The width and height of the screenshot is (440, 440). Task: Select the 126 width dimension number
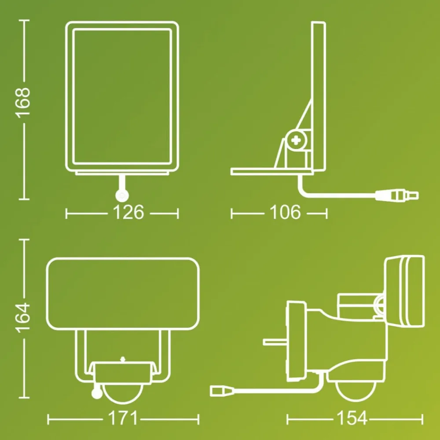128,213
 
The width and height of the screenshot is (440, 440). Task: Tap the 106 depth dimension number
285,213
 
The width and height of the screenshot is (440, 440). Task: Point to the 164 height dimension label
23,317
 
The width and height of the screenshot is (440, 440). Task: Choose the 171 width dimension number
123,418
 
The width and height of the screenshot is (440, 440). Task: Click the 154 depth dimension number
352,418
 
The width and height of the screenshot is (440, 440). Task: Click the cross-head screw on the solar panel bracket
296,140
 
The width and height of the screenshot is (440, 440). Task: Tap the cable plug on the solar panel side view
397,195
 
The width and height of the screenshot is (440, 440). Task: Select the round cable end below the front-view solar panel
122,196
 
